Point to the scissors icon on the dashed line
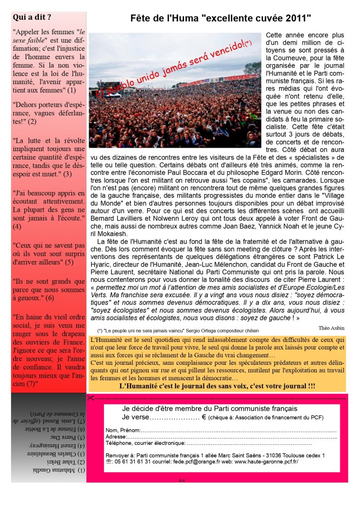tap(91, 397)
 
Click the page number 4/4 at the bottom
tap(180, 480)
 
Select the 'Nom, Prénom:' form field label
tap(123, 430)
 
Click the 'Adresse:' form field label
tap(116, 436)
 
